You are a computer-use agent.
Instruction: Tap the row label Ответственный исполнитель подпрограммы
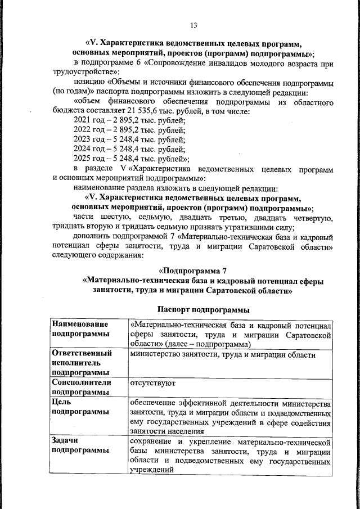point(82,363)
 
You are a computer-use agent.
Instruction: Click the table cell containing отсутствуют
point(153,382)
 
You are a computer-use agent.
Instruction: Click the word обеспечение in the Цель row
point(155,403)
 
